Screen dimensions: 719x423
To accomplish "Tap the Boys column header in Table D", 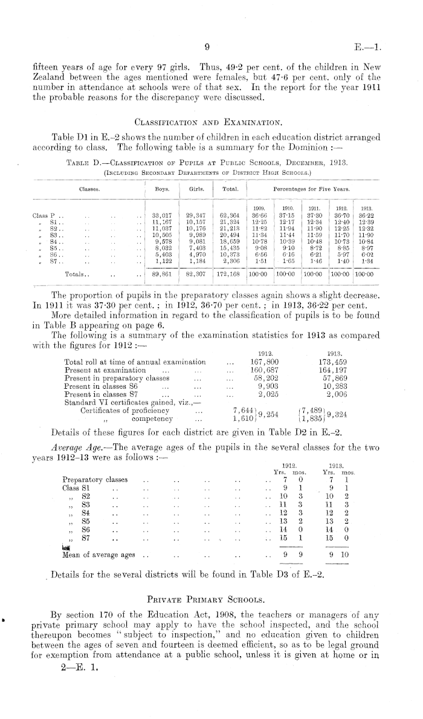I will point(162,189).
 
